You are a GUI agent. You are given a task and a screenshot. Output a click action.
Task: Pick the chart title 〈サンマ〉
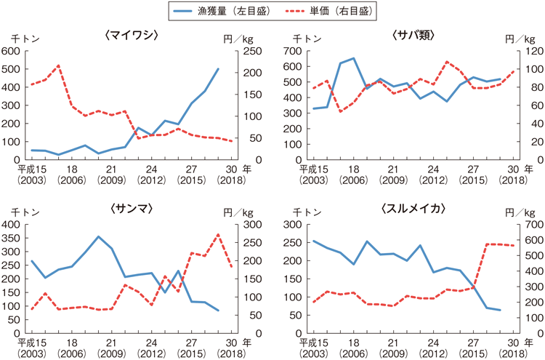[x=132, y=209]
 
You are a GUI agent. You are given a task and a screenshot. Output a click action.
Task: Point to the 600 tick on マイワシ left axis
[x=13, y=51]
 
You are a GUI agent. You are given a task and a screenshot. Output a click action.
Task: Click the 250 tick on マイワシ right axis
[x=248, y=51]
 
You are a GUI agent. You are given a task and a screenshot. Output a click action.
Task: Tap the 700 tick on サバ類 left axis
[x=293, y=51]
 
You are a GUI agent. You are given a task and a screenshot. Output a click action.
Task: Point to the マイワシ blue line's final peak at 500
[x=218, y=69]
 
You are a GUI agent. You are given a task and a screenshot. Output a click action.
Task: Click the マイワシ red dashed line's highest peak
[x=58, y=65]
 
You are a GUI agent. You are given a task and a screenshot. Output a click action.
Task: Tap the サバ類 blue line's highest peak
[x=353, y=58]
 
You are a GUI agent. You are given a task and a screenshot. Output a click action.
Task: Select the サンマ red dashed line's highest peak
[x=218, y=234]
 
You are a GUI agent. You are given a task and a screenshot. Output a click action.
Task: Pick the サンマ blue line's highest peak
[x=98, y=236]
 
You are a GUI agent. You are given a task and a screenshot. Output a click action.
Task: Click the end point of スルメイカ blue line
[x=500, y=311]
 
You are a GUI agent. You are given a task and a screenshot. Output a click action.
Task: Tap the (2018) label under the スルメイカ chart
[x=514, y=353]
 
